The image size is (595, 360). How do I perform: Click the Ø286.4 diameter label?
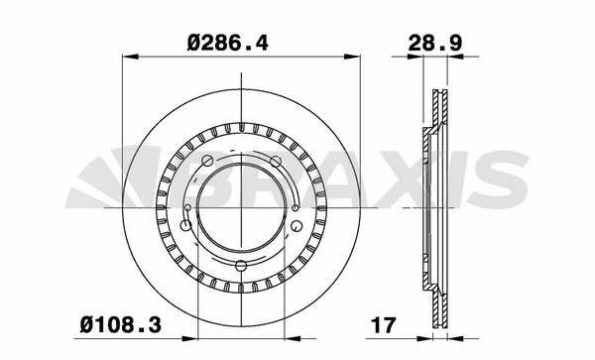pos(228,43)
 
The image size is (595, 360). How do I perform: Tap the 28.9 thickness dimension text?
pos(435,43)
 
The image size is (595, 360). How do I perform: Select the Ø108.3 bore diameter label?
pos(121,325)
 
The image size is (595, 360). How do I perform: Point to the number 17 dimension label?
pos(383,325)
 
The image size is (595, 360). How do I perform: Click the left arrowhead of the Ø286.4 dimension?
pos(130,57)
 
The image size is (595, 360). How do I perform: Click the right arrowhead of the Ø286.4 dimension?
pos(352,57)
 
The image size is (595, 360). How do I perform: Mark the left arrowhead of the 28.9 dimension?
pos(415,57)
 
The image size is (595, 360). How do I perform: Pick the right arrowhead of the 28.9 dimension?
pos(456,57)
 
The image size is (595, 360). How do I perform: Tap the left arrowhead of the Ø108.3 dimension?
pos(190,338)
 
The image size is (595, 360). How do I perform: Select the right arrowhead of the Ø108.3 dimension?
pos(293,338)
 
